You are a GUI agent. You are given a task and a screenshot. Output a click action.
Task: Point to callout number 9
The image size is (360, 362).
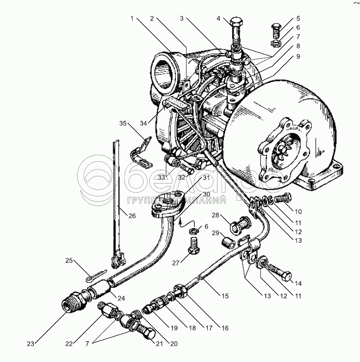coord(299,57)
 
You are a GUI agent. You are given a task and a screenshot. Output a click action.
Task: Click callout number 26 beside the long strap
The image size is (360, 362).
coord(131,216)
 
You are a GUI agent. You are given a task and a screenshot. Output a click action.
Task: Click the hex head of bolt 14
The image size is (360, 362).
coord(286,276)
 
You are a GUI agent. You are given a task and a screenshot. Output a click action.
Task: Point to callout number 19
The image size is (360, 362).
coord(174,328)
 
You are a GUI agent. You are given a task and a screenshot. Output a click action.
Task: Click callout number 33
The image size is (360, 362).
coord(161,177)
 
